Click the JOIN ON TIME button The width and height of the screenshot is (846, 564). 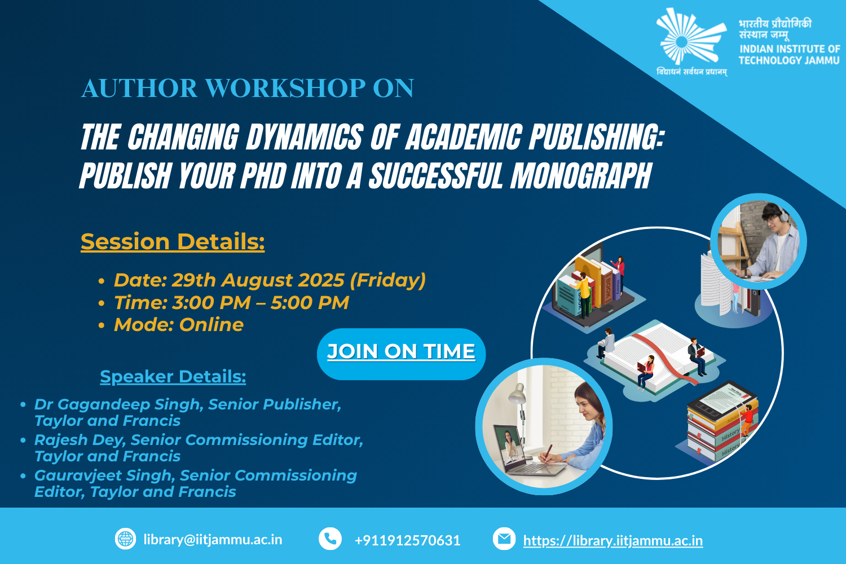click(x=401, y=354)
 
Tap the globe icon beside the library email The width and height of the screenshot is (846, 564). click(x=125, y=539)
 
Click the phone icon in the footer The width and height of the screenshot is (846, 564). click(x=330, y=539)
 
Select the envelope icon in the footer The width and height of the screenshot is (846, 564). click(x=504, y=539)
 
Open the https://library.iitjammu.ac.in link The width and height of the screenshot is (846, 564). click(x=613, y=540)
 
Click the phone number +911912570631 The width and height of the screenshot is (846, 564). click(x=408, y=540)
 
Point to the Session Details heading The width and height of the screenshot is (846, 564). click(x=173, y=241)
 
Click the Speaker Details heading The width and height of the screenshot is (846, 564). click(x=173, y=377)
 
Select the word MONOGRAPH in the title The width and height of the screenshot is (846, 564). click(x=581, y=175)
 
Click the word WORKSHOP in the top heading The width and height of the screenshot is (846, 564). click(x=285, y=88)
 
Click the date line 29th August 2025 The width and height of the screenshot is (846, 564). click(x=270, y=280)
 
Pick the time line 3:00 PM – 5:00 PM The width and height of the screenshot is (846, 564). click(x=231, y=303)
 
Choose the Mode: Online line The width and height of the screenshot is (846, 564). click(x=179, y=325)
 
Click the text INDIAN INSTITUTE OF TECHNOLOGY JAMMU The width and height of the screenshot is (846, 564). click(x=790, y=55)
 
